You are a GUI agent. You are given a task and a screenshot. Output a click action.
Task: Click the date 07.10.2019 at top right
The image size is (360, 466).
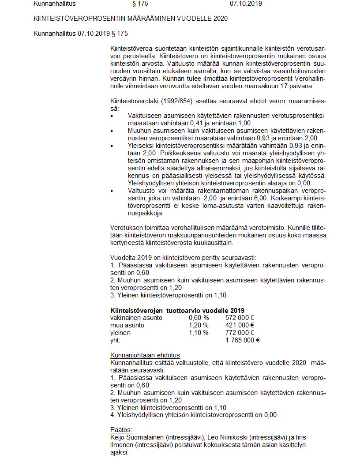tap(246, 4)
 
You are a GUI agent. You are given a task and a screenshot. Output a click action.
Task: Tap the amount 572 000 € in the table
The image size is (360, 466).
tap(240, 318)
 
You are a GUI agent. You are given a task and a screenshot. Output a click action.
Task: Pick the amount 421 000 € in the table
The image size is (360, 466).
tap(240, 325)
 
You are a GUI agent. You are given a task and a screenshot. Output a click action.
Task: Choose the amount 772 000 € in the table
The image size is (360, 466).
tap(240, 333)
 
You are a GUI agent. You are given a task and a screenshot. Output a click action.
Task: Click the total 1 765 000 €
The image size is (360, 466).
tap(242, 340)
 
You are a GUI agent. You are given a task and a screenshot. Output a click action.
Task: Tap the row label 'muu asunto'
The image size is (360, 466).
tap(127, 325)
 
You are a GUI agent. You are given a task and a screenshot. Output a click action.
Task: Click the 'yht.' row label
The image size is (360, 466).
tap(115, 340)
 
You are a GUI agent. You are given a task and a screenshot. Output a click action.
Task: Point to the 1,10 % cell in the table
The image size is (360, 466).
tap(199, 333)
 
